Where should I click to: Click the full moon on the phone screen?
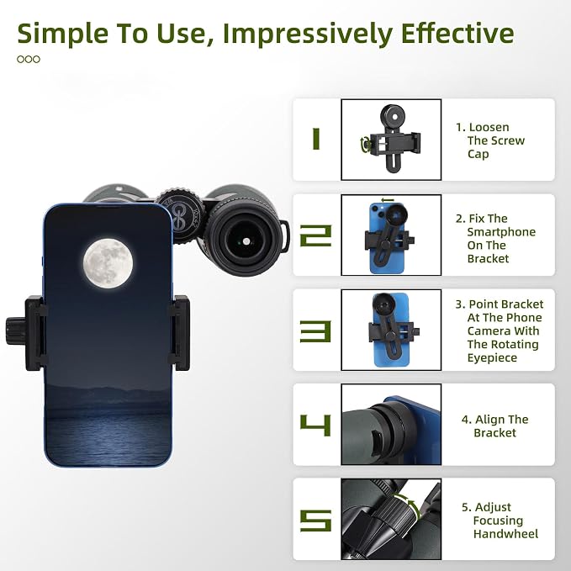tap(108, 263)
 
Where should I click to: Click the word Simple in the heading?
tap(62, 34)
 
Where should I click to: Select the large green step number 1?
tap(316, 139)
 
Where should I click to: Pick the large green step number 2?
tap(315, 235)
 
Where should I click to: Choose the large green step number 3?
tap(315, 331)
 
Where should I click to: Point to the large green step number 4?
tap(315, 425)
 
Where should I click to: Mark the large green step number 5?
tap(315, 521)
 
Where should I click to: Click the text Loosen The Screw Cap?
tap(490, 140)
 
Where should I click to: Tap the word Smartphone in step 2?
tap(501, 232)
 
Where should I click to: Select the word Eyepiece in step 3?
tap(492, 358)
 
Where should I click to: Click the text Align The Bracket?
tap(494, 426)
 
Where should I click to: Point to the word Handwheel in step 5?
tap(505, 534)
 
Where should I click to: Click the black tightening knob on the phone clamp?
tap(15, 330)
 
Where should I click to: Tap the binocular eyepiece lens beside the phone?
tap(246, 241)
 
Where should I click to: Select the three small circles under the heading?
tap(29, 60)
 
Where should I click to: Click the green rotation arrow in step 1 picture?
tap(366, 144)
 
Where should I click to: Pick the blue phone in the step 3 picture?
tap(391, 330)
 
